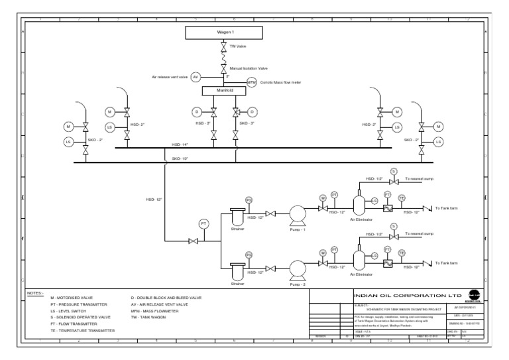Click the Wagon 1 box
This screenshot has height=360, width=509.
(x=223, y=32)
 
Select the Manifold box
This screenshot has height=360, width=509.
(x=223, y=90)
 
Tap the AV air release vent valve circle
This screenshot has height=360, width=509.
(x=196, y=77)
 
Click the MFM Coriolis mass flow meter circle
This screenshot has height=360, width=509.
(x=251, y=82)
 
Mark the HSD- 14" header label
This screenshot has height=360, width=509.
(x=180, y=144)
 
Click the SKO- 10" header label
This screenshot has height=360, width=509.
(x=180, y=159)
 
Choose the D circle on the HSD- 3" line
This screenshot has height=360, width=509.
(x=196, y=111)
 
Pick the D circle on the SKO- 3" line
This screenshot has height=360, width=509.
(x=253, y=111)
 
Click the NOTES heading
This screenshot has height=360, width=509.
(x=35, y=292)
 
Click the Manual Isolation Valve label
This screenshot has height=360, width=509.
(x=249, y=68)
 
